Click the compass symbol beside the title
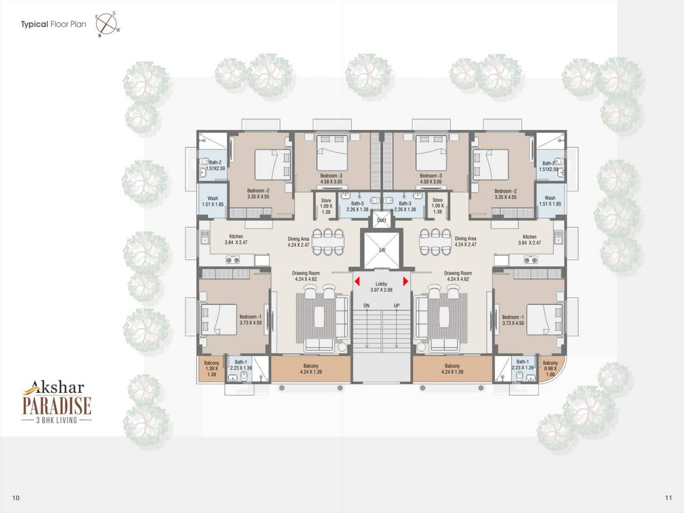106,24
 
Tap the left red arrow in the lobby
357,281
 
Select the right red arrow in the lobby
405,281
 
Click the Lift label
382,250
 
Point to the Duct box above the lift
381,219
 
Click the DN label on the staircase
367,306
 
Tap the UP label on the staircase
396,306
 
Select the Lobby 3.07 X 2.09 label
381,287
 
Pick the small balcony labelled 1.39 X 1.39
211,369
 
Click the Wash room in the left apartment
213,201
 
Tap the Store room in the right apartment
438,206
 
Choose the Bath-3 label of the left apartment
357,206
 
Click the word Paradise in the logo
56,405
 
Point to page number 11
669,498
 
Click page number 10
15,498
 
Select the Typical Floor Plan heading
54,25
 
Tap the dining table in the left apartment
328,242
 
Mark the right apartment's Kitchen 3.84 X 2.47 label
530,239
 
